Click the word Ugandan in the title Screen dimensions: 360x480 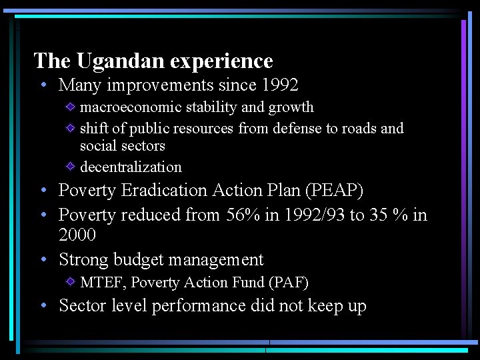[120, 61]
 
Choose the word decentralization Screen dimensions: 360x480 [131, 167]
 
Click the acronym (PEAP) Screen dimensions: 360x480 [334, 191]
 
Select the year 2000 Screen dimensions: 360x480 [77, 235]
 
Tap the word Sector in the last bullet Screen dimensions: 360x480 [82, 306]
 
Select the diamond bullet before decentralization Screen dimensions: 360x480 [70, 165]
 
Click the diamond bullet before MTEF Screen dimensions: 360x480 [70, 281]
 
